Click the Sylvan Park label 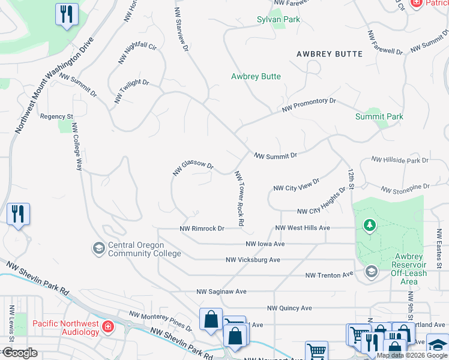click(x=278, y=19)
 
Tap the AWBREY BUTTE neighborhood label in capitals click(x=330, y=54)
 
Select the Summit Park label click(x=379, y=116)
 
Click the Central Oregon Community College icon click(x=98, y=248)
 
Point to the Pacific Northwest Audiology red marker click(x=107, y=327)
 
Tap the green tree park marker click(x=370, y=226)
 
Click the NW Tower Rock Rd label click(x=240, y=198)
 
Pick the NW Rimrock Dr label click(x=202, y=229)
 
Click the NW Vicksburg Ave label click(x=253, y=260)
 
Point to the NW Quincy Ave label click(x=289, y=308)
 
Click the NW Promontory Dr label click(x=309, y=106)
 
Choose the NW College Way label click(x=77, y=147)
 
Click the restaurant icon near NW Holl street click(x=66, y=14)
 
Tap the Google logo click(x=19, y=353)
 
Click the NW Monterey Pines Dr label click(x=161, y=321)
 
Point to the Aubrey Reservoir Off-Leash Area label click(x=408, y=265)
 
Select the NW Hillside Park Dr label click(x=400, y=160)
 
